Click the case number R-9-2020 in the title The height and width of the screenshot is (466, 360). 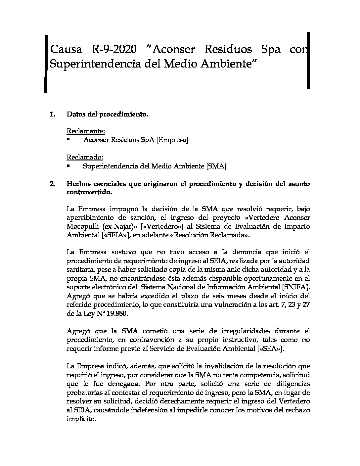[x=113, y=50]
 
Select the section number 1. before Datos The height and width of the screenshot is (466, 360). [x=53, y=115]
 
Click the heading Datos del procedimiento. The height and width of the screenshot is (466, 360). [x=107, y=115]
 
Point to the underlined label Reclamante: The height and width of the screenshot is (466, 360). [x=86, y=131]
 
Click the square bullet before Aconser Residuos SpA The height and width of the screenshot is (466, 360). [x=68, y=140]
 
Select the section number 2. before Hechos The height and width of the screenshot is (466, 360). [x=53, y=184]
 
